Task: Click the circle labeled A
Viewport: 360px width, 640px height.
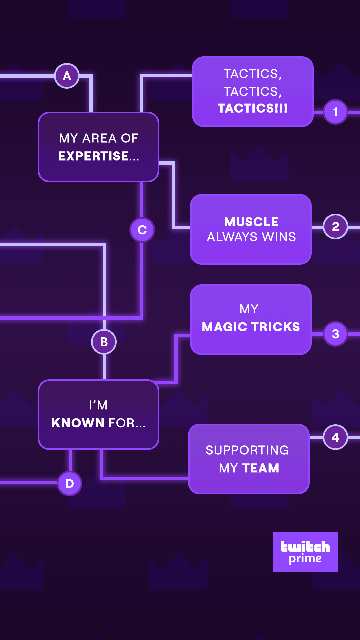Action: (67, 76)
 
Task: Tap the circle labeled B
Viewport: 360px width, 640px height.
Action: (104, 342)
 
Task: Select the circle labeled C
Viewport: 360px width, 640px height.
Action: (142, 230)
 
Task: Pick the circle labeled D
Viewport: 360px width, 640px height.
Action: (69, 483)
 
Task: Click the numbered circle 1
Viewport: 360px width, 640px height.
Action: (335, 112)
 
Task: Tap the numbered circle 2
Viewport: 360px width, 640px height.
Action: (335, 227)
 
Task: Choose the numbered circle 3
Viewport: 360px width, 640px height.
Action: (335, 334)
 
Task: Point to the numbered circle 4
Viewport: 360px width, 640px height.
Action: (335, 437)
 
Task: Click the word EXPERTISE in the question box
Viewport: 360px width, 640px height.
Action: (94, 156)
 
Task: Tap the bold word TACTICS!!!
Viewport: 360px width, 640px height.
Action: (252, 108)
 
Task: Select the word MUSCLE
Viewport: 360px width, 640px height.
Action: (251, 222)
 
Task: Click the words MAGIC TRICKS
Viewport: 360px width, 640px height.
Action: (251, 327)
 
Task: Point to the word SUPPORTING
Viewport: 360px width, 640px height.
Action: (247, 450)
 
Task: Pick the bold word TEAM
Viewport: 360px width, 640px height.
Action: (261, 468)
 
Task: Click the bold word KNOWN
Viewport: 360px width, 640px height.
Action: (78, 423)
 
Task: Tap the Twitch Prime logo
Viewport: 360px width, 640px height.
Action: (305, 552)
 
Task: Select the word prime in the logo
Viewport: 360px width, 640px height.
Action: (305, 559)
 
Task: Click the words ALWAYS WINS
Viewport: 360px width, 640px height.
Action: (251, 237)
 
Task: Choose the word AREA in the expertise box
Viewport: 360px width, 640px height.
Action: (99, 138)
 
